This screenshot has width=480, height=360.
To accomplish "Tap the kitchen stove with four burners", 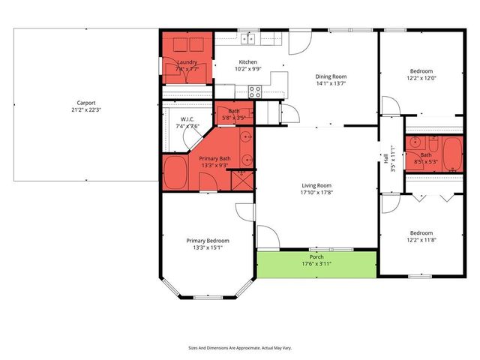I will coord(255,91).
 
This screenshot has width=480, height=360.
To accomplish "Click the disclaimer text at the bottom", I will coord(240,348).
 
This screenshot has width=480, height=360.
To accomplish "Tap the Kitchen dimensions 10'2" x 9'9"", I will coord(247,69).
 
